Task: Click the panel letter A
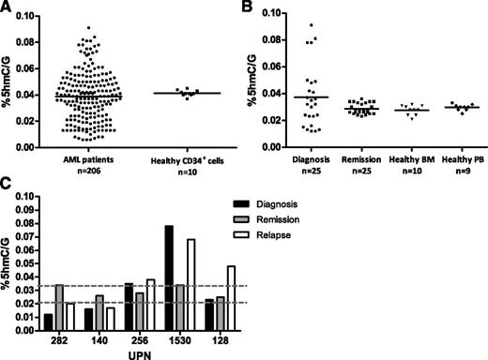(x=8, y=8)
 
